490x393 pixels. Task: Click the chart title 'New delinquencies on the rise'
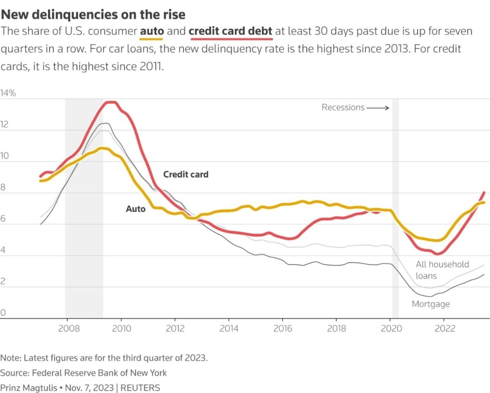93,15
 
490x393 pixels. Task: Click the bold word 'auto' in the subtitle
151,31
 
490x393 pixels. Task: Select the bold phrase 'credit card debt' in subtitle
231,31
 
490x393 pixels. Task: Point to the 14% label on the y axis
8,93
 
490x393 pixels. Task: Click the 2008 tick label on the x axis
66,328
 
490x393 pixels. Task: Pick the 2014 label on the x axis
229,328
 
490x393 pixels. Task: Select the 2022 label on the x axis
444,328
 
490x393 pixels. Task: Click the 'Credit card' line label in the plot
186,174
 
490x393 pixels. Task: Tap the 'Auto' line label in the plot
136,209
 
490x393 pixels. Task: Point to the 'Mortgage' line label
430,304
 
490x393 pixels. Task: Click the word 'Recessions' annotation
343,107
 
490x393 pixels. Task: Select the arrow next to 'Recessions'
378,108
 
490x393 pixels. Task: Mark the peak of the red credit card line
110,102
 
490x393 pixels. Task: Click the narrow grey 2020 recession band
395,204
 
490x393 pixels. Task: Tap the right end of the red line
484,192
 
